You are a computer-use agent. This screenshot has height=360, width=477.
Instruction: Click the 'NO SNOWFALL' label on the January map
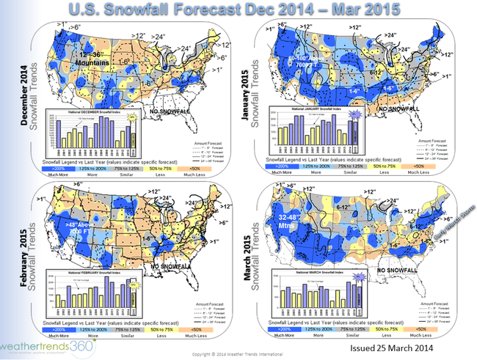pyautogui.click(x=398, y=109)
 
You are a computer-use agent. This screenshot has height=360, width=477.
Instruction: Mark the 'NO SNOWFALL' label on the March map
pyautogui.click(x=401, y=271)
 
